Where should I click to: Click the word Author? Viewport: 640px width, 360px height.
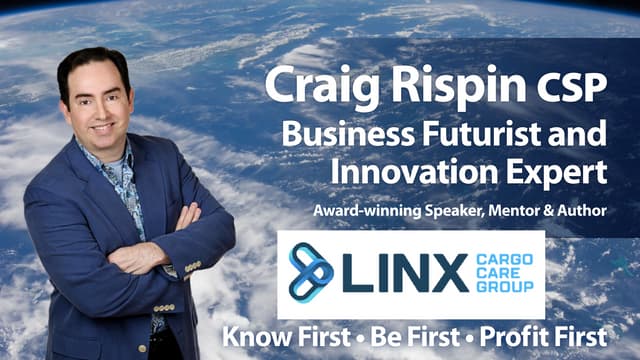[x=583, y=210]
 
